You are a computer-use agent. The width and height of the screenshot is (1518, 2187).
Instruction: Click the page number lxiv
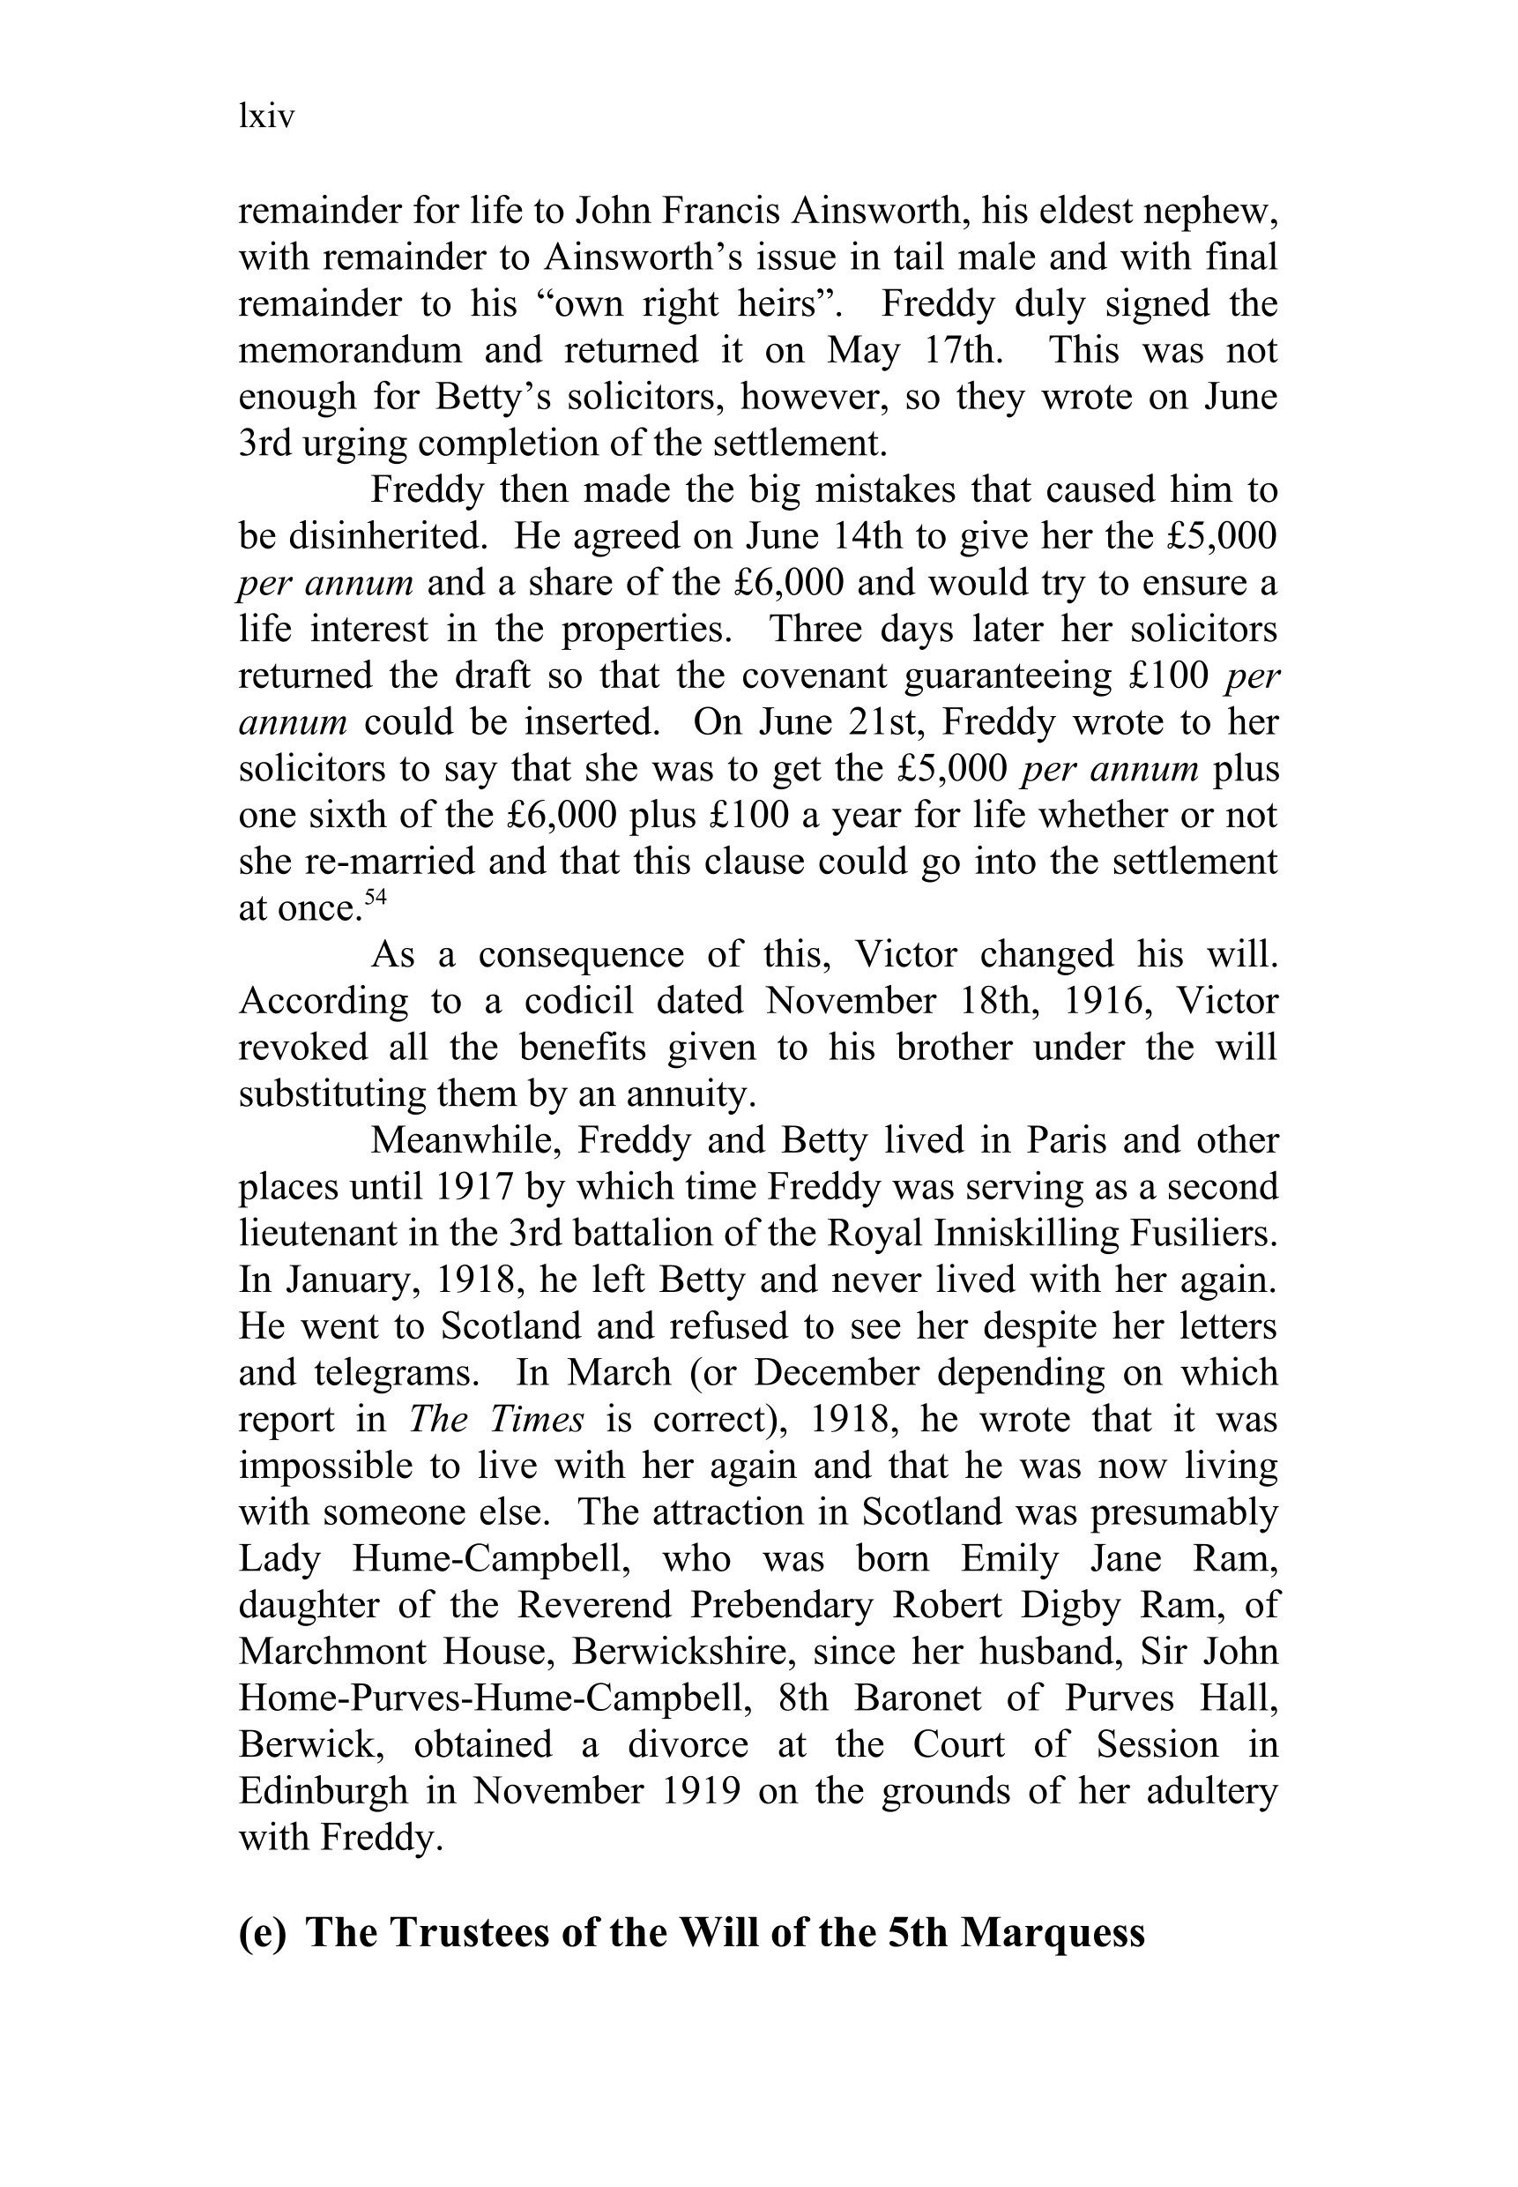pyautogui.click(x=266, y=117)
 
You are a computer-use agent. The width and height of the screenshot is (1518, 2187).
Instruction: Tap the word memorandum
pyautogui.click(x=349, y=350)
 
